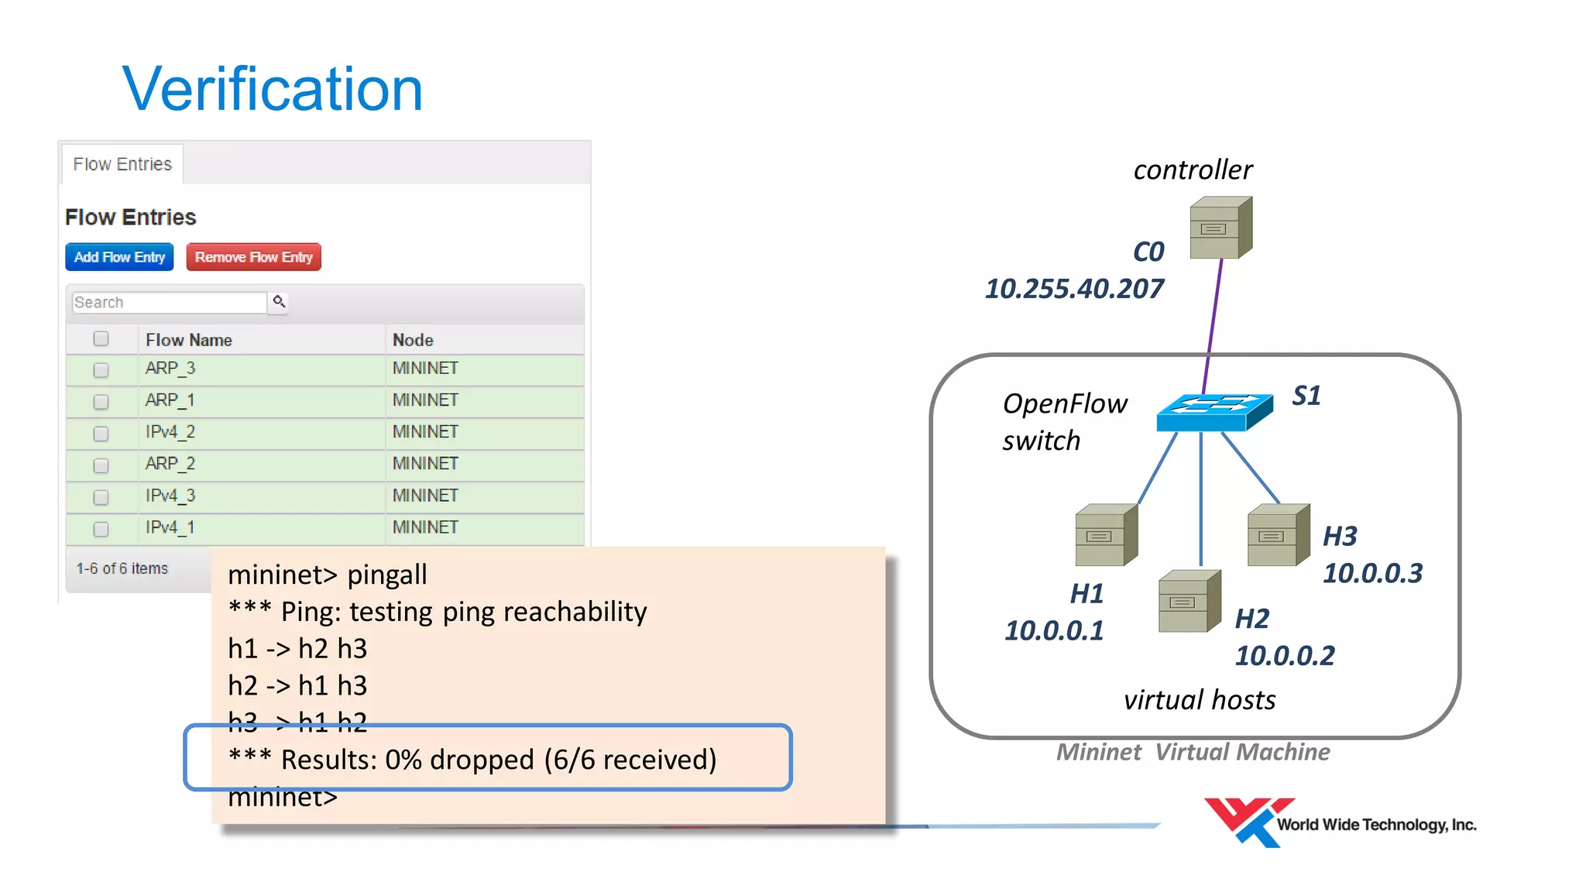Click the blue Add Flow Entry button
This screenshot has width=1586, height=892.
click(119, 257)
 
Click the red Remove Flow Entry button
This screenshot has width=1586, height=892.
click(253, 257)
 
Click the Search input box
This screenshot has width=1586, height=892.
click(169, 302)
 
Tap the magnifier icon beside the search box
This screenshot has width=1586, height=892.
click(279, 301)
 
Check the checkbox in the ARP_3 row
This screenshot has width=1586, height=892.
click(101, 370)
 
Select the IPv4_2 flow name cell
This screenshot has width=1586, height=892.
click(170, 432)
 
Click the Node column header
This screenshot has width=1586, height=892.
click(413, 340)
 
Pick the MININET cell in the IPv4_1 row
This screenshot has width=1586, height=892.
click(425, 527)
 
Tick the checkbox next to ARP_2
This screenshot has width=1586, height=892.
click(101, 465)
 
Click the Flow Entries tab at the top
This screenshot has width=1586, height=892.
click(122, 164)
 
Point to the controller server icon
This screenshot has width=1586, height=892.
click(1220, 228)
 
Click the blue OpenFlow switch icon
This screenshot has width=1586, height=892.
click(1214, 413)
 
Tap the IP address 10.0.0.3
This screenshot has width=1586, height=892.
click(1372, 573)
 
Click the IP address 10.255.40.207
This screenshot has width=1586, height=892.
click(1073, 289)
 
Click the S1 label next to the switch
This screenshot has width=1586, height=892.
click(1306, 396)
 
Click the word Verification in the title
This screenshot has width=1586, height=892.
click(272, 89)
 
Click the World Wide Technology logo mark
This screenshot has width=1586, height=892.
click(1246, 822)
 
